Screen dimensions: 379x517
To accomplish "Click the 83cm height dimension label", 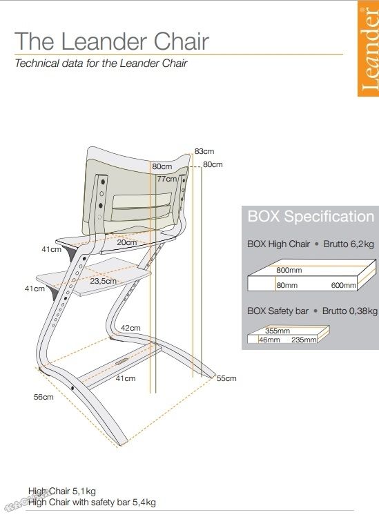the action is (204, 151).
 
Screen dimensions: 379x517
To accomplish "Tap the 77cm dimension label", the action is (166, 179).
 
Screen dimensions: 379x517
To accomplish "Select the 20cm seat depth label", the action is (126, 242).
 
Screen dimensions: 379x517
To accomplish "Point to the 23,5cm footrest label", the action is (104, 281).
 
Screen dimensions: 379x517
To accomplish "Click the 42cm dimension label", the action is (130, 328).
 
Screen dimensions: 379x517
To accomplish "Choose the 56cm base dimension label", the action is (43, 397).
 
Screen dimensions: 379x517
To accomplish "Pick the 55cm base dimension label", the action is (226, 378).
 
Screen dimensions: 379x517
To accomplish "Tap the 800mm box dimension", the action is (289, 270).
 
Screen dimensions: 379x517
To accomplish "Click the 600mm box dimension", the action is (344, 285).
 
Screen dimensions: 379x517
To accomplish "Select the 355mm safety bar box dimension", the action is (278, 331).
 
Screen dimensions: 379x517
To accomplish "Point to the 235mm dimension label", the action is (304, 340).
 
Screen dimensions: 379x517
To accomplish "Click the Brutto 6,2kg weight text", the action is (349, 244).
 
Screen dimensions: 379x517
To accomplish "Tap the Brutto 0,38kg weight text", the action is (350, 311).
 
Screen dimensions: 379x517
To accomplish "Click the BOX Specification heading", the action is (311, 216).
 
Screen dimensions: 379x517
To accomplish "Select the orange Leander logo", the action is (369, 48).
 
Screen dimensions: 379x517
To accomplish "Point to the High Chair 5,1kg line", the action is (62, 491).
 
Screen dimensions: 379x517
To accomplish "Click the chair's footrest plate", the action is (94, 276).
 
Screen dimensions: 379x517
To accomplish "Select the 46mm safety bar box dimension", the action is (269, 340).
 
